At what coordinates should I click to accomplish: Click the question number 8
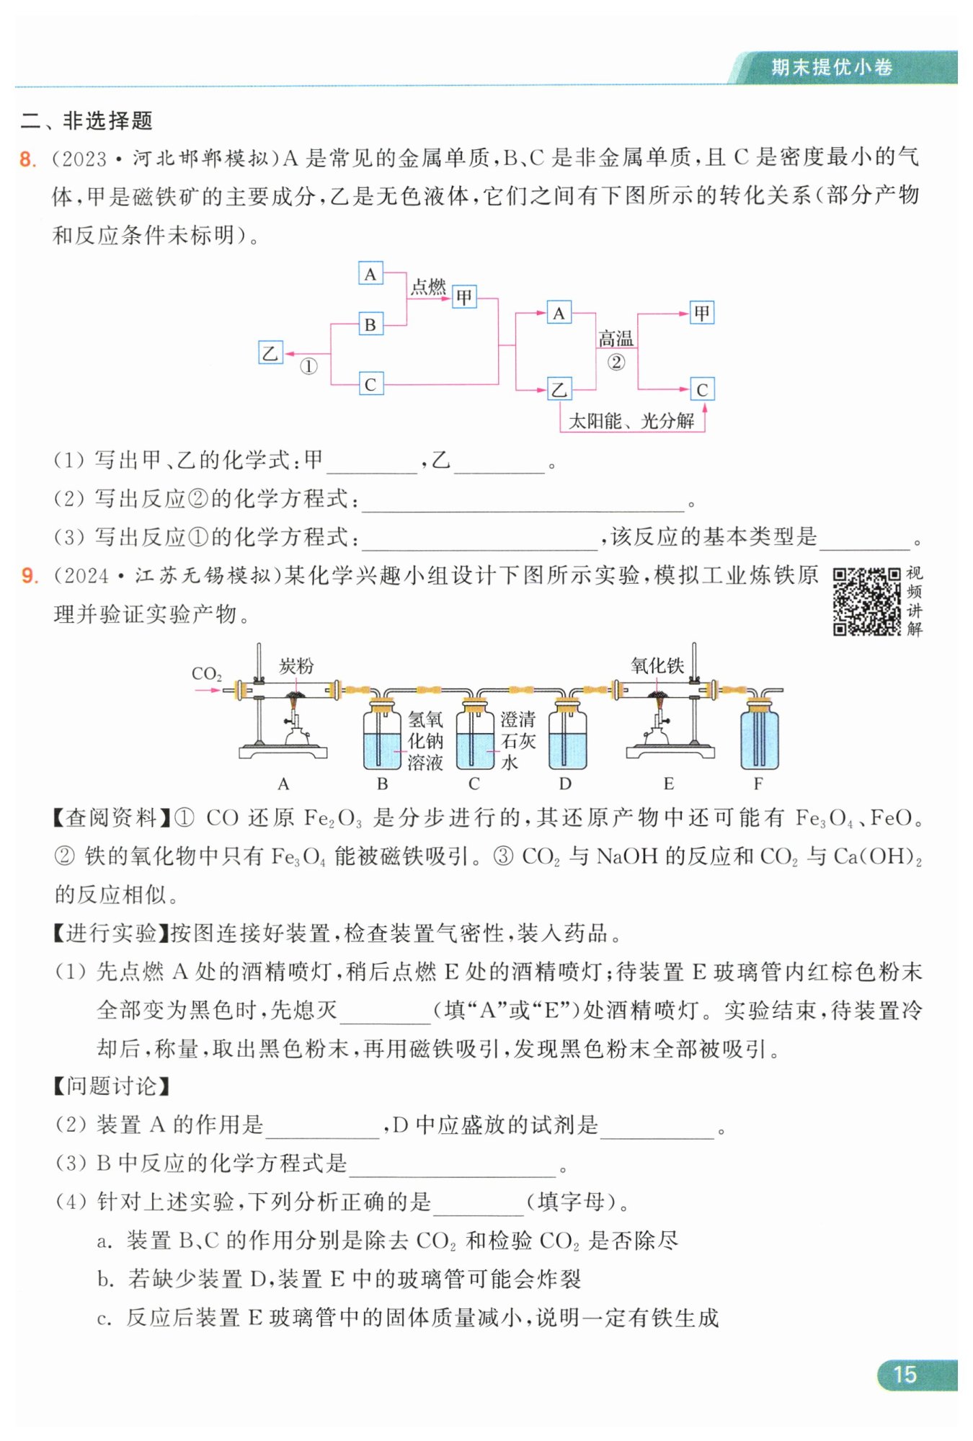click(x=27, y=159)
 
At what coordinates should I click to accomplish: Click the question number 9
click(x=29, y=575)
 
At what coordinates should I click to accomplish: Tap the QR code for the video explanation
click(x=866, y=601)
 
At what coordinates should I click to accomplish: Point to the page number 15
click(x=905, y=1375)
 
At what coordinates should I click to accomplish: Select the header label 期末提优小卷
click(x=832, y=67)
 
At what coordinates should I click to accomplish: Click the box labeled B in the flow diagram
click(x=370, y=324)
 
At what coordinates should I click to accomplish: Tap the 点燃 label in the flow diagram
click(x=428, y=287)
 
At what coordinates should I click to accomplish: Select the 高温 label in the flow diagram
click(x=616, y=338)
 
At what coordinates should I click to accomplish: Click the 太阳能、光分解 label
click(x=631, y=421)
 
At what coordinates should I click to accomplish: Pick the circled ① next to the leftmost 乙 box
click(x=308, y=366)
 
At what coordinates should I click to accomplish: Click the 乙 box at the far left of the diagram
click(x=270, y=353)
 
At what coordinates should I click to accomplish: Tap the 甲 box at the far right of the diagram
click(x=701, y=313)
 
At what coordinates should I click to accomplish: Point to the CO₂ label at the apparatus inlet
click(x=206, y=674)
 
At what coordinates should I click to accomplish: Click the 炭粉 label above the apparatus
click(x=296, y=666)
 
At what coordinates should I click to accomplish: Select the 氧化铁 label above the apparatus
click(x=657, y=665)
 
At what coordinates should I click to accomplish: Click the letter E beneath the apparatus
click(x=669, y=784)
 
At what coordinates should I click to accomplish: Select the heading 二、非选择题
click(x=86, y=120)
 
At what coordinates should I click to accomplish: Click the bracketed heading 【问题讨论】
click(x=112, y=1086)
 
